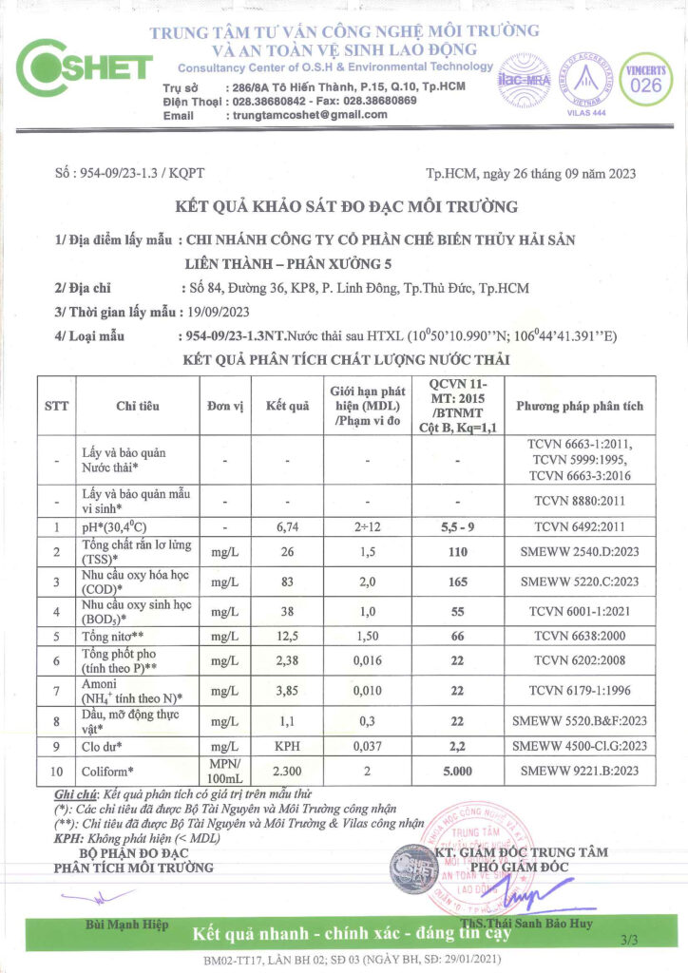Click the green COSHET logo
pos(84,67)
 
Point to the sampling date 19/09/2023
pos(218,311)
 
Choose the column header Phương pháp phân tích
pos(579,406)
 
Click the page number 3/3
pos(629,940)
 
